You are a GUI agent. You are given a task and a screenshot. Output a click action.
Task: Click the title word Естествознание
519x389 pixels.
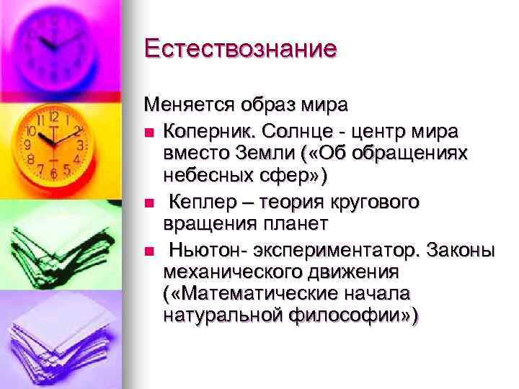click(x=241, y=48)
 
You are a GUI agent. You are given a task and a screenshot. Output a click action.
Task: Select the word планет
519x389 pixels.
click(x=293, y=224)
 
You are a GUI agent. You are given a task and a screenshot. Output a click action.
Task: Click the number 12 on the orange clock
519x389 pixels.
click(x=54, y=116)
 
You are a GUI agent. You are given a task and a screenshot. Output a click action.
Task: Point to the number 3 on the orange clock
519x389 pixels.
click(x=80, y=144)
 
